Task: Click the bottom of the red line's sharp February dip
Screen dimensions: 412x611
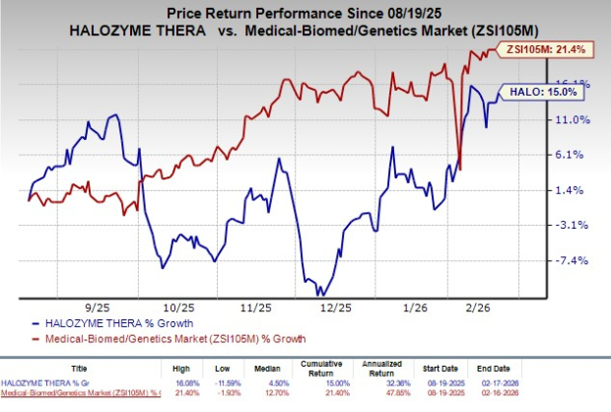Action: [x=461, y=170]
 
